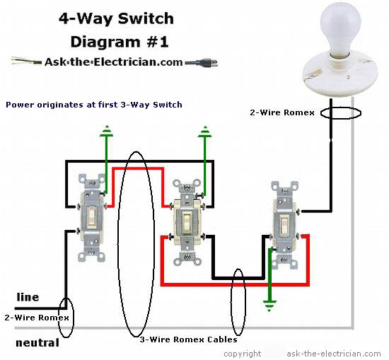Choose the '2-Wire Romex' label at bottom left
(x=37, y=318)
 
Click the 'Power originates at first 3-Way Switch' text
(x=93, y=105)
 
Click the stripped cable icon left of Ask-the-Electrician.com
(x=25, y=61)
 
